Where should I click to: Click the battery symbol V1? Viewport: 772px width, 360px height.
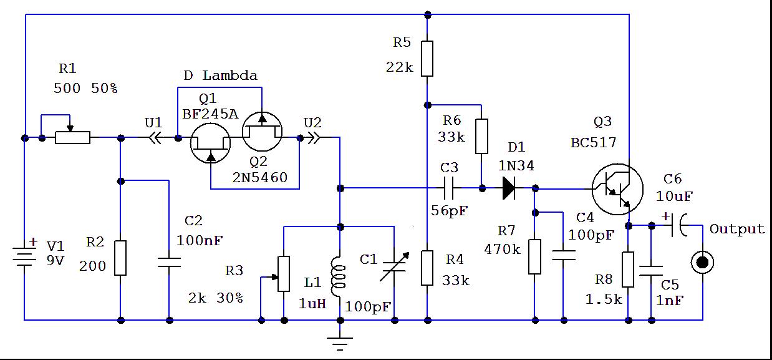pyautogui.click(x=25, y=256)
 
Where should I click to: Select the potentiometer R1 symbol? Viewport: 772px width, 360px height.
pyautogui.click(x=72, y=137)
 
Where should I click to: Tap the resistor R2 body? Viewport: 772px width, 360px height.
pyautogui.click(x=120, y=258)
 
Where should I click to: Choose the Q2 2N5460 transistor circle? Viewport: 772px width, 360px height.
pyautogui.click(x=262, y=132)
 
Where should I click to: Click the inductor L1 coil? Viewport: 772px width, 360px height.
pyautogui.click(x=340, y=276)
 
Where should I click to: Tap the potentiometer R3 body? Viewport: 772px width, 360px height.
pyautogui.click(x=284, y=274)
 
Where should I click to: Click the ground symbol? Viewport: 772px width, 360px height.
pyautogui.click(x=340, y=343)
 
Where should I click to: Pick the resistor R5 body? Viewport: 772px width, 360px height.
pyautogui.click(x=427, y=59)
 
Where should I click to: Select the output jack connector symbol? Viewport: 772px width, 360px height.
pyautogui.click(x=702, y=262)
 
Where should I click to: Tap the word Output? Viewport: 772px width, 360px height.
pyautogui.click(x=736, y=230)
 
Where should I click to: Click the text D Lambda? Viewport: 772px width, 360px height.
pyautogui.click(x=220, y=76)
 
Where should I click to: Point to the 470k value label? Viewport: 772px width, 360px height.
pyautogui.click(x=503, y=249)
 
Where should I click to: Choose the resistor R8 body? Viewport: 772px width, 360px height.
pyautogui.click(x=628, y=270)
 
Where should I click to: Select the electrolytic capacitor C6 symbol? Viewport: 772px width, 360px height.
pyautogui.click(x=676, y=225)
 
